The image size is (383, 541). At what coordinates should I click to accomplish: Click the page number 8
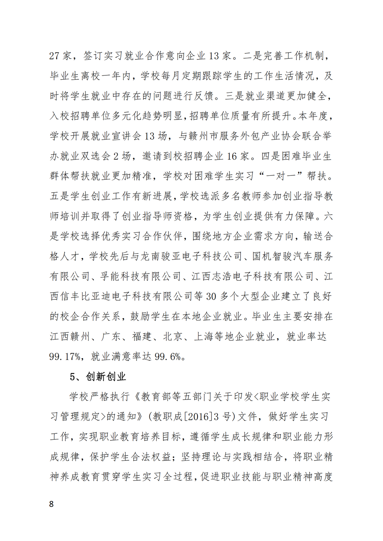pyautogui.click(x=51, y=504)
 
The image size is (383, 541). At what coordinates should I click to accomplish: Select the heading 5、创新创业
pyautogui.click(x=98, y=376)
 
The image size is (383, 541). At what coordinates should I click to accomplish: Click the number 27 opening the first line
pyautogui.click(x=54, y=56)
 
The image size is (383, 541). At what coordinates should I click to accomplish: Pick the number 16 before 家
pyautogui.click(x=232, y=156)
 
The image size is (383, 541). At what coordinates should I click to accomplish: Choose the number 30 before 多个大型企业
pyautogui.click(x=211, y=296)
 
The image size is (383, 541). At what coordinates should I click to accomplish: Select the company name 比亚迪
pyautogui.click(x=106, y=296)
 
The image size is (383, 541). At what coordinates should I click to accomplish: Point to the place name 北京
pyautogui.click(x=173, y=336)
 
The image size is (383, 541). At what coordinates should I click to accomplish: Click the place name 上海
pyautogui.click(x=204, y=336)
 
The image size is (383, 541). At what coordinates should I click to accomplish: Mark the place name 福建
pyautogui.click(x=142, y=336)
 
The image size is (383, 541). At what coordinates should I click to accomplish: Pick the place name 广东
pyautogui.click(x=111, y=336)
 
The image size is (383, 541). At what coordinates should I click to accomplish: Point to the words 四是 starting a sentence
pyautogui.click(x=271, y=156)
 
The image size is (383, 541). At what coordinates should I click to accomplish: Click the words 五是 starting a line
pyautogui.click(x=59, y=196)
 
